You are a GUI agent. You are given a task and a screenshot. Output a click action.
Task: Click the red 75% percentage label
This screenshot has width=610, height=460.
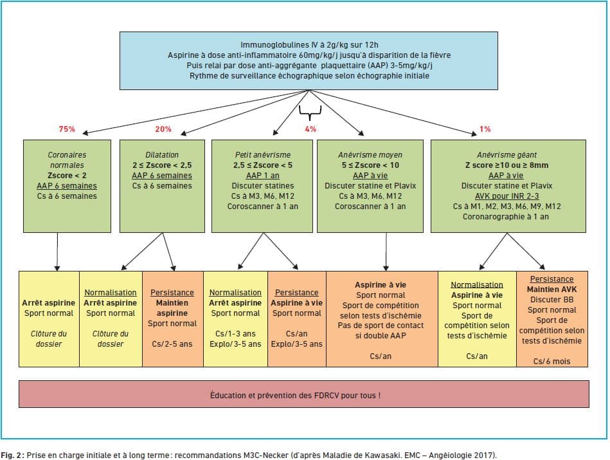[67, 129]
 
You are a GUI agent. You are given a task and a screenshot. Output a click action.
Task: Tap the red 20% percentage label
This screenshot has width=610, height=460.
[163, 129]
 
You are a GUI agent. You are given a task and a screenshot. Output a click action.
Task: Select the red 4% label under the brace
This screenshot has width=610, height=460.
[311, 129]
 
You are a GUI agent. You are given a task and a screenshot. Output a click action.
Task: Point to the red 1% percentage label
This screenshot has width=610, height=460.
[485, 129]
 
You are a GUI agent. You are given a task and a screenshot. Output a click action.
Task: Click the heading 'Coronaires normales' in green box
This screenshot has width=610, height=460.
[67, 160]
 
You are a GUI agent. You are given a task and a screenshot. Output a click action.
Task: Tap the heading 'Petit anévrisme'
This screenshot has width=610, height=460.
[262, 155]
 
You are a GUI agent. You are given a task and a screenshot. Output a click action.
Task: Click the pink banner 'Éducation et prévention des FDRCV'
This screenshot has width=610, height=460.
[304, 395]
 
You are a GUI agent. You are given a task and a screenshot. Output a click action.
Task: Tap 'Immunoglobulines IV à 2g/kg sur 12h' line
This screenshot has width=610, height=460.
[309, 45]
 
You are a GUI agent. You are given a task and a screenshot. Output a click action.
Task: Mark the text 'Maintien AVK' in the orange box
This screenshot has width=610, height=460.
[553, 290]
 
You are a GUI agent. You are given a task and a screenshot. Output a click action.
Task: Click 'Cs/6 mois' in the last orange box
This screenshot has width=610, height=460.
[552, 362]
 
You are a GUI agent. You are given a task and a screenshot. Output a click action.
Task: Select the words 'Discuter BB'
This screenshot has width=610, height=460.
[553, 300]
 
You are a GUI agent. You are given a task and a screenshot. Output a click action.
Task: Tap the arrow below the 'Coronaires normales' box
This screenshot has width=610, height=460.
[58, 251]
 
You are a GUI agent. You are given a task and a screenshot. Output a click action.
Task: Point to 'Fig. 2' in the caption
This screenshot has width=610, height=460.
[11, 455]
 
